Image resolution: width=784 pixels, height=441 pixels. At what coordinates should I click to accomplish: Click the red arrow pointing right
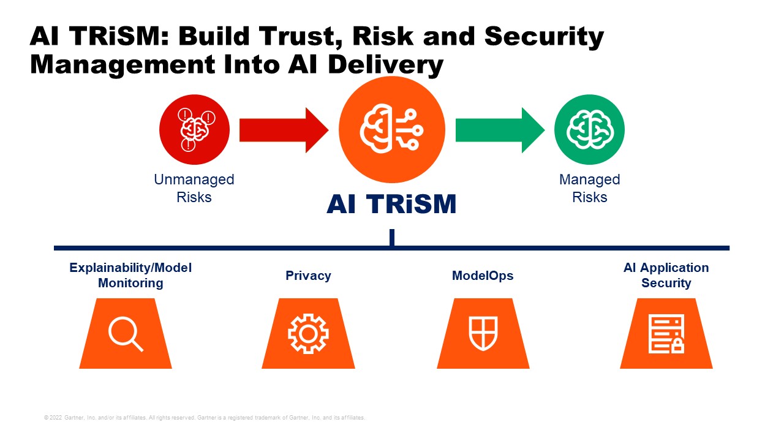click(283, 130)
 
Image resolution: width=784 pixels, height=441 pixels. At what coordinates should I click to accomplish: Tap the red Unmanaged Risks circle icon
click(194, 130)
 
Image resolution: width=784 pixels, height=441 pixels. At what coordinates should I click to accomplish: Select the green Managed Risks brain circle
click(589, 130)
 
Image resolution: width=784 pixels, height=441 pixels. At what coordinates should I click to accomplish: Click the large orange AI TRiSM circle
click(392, 130)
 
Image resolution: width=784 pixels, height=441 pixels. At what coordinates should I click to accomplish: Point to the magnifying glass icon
click(126, 334)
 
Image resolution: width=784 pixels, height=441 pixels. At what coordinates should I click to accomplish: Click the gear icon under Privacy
click(308, 334)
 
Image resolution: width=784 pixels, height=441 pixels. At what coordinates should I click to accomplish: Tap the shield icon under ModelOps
click(483, 334)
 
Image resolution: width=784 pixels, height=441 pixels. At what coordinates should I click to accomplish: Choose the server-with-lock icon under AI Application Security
click(666, 334)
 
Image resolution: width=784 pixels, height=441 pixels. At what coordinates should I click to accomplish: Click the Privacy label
click(308, 276)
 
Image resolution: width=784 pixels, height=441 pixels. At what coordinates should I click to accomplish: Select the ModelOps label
click(483, 276)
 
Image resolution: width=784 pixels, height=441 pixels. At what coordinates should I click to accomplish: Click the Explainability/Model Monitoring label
click(130, 276)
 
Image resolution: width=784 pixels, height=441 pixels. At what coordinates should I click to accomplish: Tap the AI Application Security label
click(666, 276)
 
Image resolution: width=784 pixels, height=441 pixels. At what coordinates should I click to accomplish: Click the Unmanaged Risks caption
click(194, 189)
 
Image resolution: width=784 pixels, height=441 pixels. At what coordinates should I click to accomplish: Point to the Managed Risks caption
click(589, 189)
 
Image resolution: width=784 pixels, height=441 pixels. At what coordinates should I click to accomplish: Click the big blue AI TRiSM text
click(392, 205)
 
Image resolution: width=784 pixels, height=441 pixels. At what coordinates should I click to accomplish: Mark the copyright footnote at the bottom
click(205, 418)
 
